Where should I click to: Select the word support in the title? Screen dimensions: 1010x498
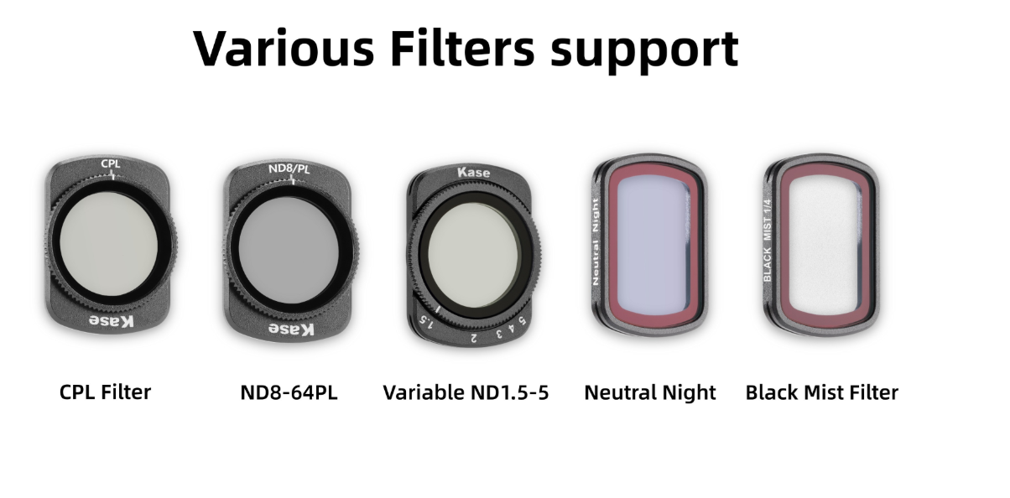tap(644, 50)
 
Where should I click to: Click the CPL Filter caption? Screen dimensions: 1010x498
tap(105, 392)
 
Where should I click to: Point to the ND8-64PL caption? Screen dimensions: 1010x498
tap(289, 392)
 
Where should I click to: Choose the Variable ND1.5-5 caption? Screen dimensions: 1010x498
tap(466, 392)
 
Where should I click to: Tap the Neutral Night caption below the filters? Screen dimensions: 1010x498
tap(650, 393)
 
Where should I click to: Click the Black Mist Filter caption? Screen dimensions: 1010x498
tap(821, 392)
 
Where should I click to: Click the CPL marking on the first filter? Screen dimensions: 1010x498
tap(111, 163)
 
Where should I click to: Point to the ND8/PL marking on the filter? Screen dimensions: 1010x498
tap(289, 169)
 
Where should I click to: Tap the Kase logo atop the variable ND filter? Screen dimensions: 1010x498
tap(473, 172)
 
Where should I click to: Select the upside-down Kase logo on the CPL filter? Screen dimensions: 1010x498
tap(112, 321)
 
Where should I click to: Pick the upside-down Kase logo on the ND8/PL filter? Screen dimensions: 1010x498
tap(291, 329)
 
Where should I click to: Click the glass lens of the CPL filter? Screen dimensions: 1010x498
tap(109, 244)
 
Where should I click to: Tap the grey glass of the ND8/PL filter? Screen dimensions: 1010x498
tap(289, 250)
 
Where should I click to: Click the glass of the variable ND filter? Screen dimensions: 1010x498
tap(472, 255)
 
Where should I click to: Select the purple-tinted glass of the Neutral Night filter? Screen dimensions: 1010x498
tap(652, 244)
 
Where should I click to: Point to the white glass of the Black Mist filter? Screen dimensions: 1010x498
tap(824, 244)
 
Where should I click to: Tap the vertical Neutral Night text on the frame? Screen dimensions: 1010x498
tap(596, 241)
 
